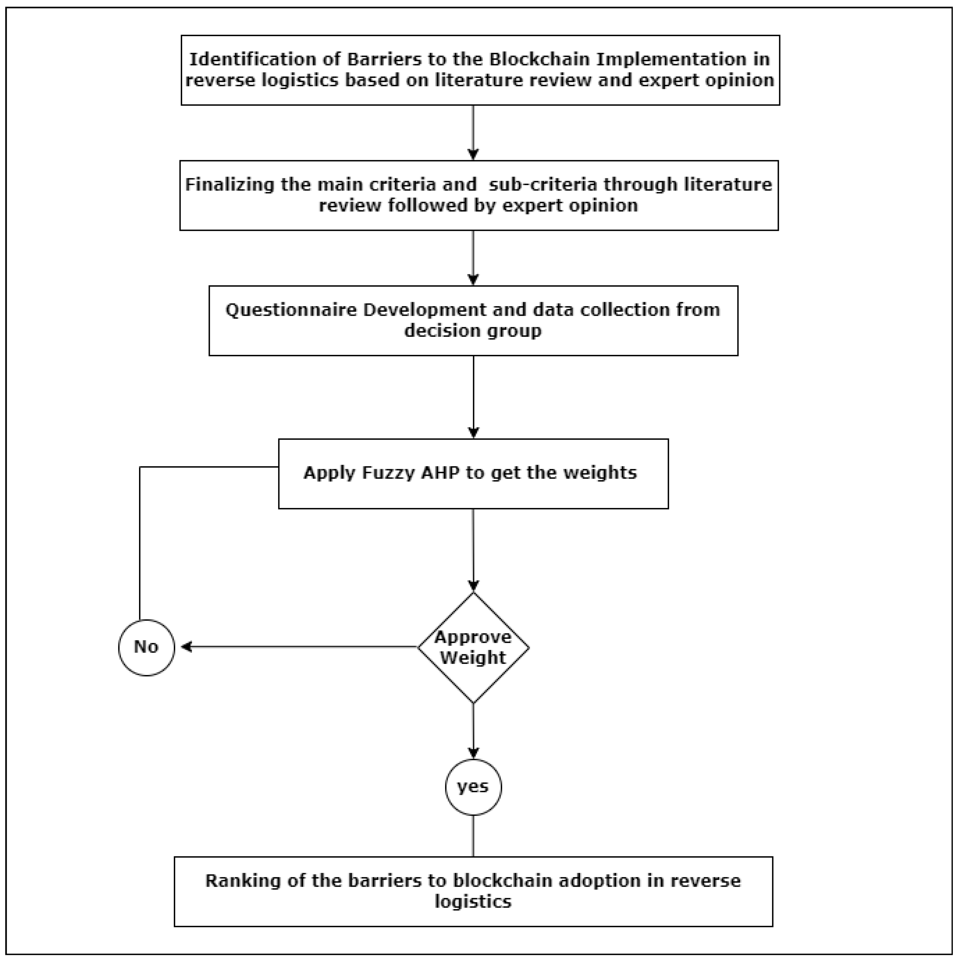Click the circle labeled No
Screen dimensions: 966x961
(146, 648)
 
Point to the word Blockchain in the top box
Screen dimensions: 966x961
(540, 59)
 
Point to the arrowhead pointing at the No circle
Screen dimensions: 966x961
(186, 648)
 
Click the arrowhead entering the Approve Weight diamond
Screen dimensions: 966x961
(473, 586)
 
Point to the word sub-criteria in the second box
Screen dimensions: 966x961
(542, 185)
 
